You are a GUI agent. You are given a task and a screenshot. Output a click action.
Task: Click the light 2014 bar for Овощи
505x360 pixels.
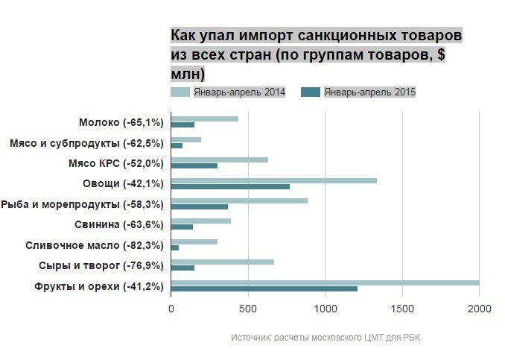(x=273, y=180)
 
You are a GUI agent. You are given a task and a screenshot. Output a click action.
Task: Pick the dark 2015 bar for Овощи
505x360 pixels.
(x=230, y=186)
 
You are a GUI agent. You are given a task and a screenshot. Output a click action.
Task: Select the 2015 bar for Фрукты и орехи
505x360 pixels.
(x=264, y=288)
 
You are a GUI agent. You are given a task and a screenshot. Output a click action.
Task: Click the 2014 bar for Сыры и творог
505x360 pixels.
(x=222, y=262)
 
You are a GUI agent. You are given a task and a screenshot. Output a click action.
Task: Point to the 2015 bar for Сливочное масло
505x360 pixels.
(x=175, y=247)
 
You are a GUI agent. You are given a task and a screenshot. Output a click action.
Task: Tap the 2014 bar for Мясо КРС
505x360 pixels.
(x=219, y=160)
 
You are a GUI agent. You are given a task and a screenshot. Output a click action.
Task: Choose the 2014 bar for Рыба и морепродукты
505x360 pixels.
(x=239, y=200)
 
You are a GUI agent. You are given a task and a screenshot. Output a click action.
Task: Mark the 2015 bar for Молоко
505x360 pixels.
(x=182, y=124)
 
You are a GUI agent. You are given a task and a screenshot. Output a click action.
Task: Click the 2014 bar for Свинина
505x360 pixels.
(x=200, y=221)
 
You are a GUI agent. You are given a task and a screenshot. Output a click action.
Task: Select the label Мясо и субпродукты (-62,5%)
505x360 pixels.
(x=86, y=142)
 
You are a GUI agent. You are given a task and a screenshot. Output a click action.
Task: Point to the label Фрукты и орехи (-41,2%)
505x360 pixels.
(x=99, y=286)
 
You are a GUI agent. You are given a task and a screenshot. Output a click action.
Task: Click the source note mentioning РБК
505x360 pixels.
(x=325, y=338)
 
